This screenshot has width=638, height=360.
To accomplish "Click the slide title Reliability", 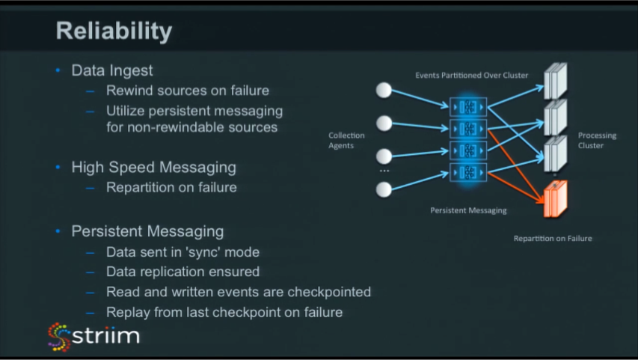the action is pos(114,31).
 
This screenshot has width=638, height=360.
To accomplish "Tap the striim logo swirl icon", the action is pos(59,337).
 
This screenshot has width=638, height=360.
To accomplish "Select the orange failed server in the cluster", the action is pos(556,198).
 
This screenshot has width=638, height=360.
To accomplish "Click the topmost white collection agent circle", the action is pos(383,90).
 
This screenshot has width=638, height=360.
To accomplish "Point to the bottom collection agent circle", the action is pos(383,189).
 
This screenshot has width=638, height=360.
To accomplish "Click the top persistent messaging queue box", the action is pos(468,107).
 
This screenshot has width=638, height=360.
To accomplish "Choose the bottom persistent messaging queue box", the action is pos(468,172).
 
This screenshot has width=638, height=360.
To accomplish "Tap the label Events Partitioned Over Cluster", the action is pos(472,76).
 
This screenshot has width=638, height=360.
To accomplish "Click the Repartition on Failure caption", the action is pos(553,238).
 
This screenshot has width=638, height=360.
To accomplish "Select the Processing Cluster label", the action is pos(597,141).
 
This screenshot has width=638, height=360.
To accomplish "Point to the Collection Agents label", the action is pos(346,141).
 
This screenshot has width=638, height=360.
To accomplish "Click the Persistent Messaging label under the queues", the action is pos(468,210).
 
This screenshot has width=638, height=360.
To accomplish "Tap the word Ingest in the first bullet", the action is pos(131,71).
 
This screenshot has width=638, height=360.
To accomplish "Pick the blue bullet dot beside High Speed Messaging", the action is pos(58,167).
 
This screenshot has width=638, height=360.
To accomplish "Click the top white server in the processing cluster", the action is pos(556,81).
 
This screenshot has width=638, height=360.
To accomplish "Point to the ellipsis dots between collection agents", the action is pos(384,171).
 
